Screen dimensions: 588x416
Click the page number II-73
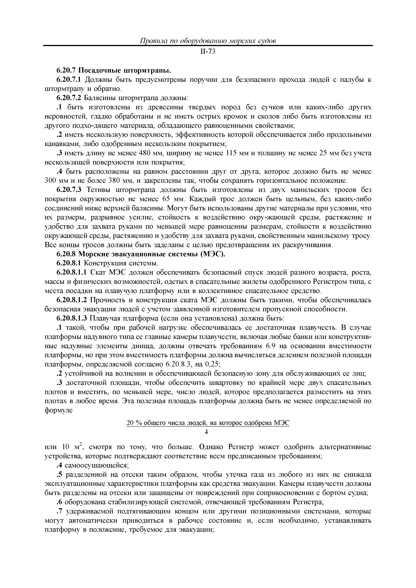[208, 52]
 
